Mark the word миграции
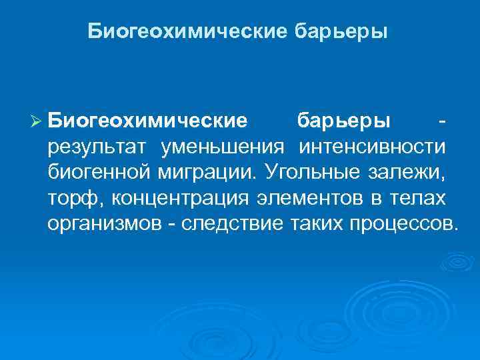coord(209,171)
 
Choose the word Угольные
coord(311,171)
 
